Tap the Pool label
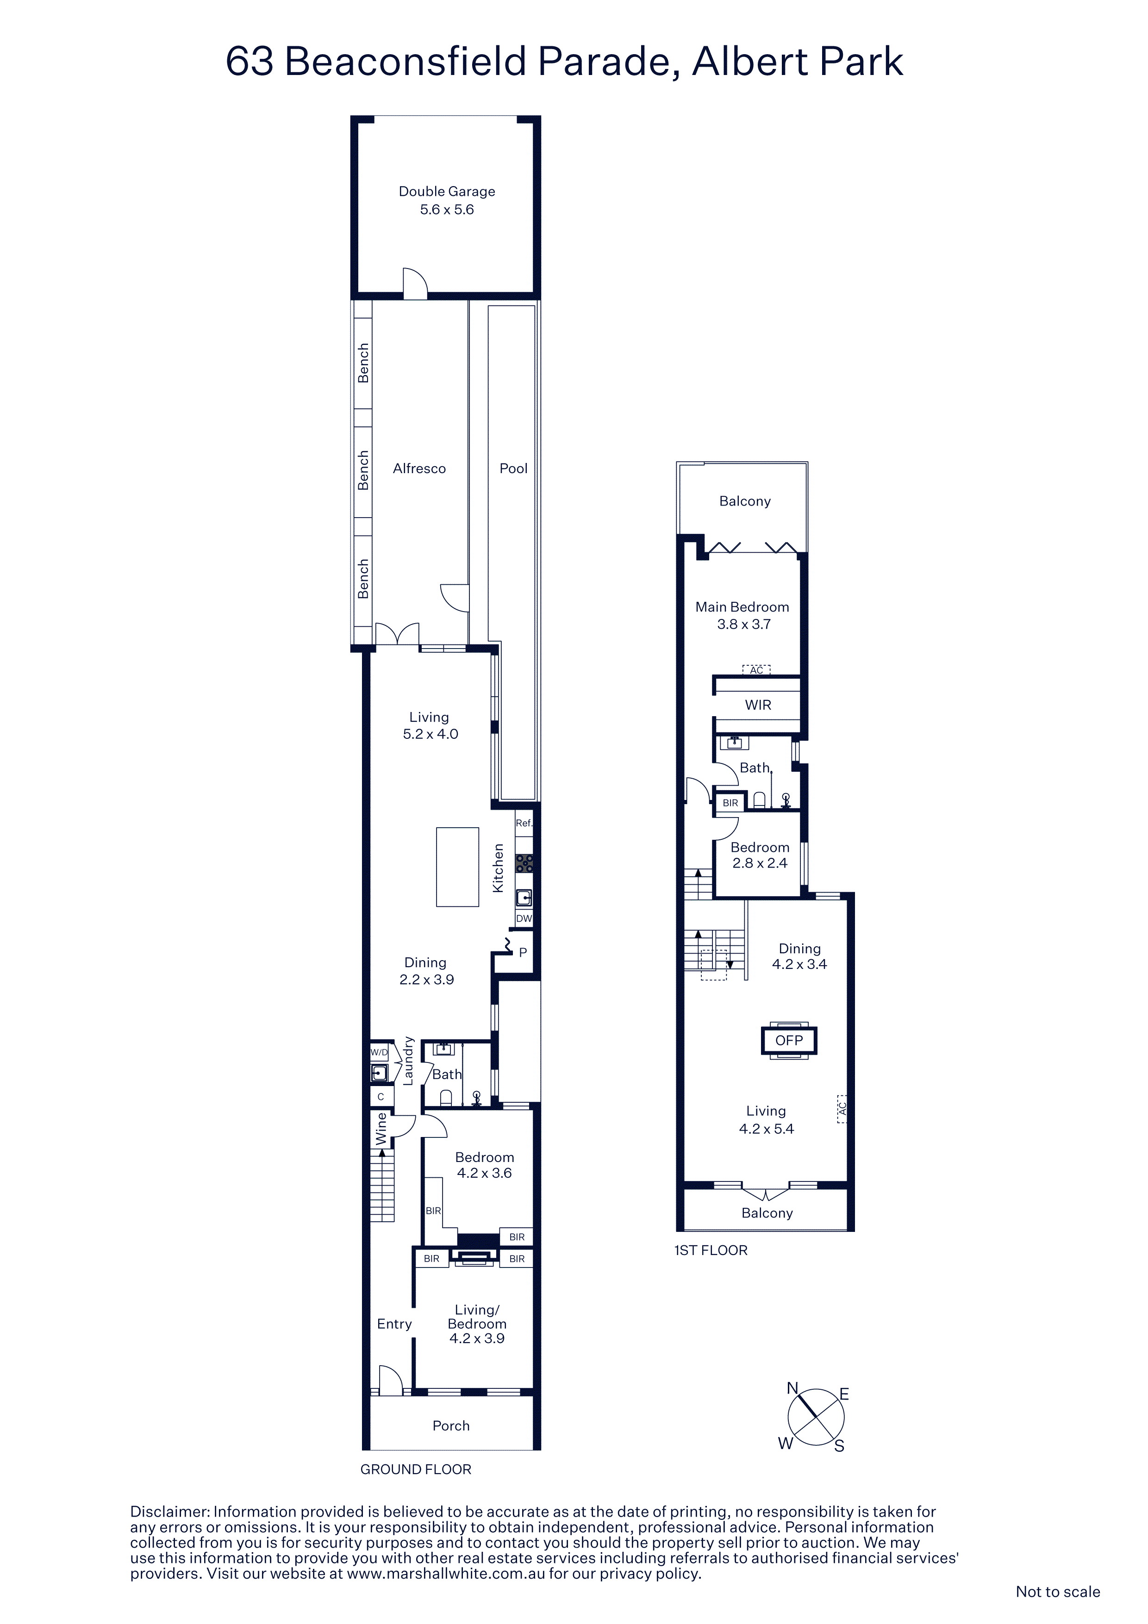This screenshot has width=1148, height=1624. [x=513, y=468]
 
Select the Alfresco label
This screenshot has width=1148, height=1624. [x=419, y=468]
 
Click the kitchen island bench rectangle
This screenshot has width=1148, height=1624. [x=458, y=867]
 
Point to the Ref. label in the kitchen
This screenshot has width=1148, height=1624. [x=524, y=823]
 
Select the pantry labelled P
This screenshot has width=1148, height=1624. [x=523, y=952]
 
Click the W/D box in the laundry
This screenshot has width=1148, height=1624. [x=379, y=1052]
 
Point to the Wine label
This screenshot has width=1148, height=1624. [x=381, y=1129]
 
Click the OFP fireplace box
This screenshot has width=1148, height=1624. [x=789, y=1041]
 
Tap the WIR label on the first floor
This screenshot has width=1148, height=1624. [x=758, y=705]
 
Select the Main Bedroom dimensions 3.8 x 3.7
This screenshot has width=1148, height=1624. [x=743, y=624]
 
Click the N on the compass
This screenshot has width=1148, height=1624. [x=793, y=1388]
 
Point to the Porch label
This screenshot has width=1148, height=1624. [x=451, y=1425]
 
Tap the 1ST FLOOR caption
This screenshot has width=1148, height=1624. [x=711, y=1250]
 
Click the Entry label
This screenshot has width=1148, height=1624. [x=394, y=1324]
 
